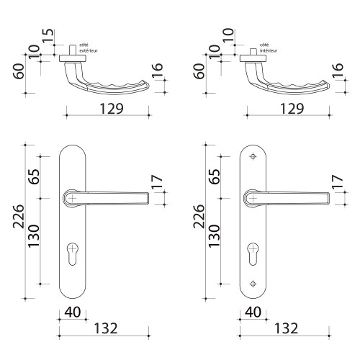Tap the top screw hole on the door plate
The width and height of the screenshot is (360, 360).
pyautogui.click(x=252, y=157)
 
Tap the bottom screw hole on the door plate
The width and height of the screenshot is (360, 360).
pyautogui.click(x=252, y=283)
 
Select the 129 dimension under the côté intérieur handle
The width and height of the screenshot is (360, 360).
pyautogui.click(x=286, y=108)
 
